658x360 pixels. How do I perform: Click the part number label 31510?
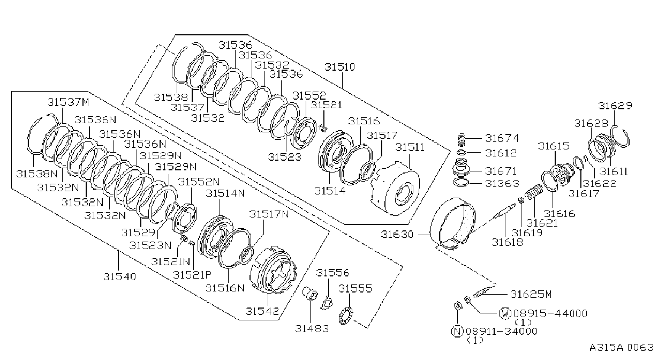point(339,67)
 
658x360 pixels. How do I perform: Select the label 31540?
point(120,276)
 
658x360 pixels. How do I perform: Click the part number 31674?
point(502,138)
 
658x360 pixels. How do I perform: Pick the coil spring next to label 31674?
point(462,140)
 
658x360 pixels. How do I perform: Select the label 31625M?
point(531,294)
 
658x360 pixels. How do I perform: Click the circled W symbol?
point(505,313)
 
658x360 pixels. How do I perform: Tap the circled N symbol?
point(457,331)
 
